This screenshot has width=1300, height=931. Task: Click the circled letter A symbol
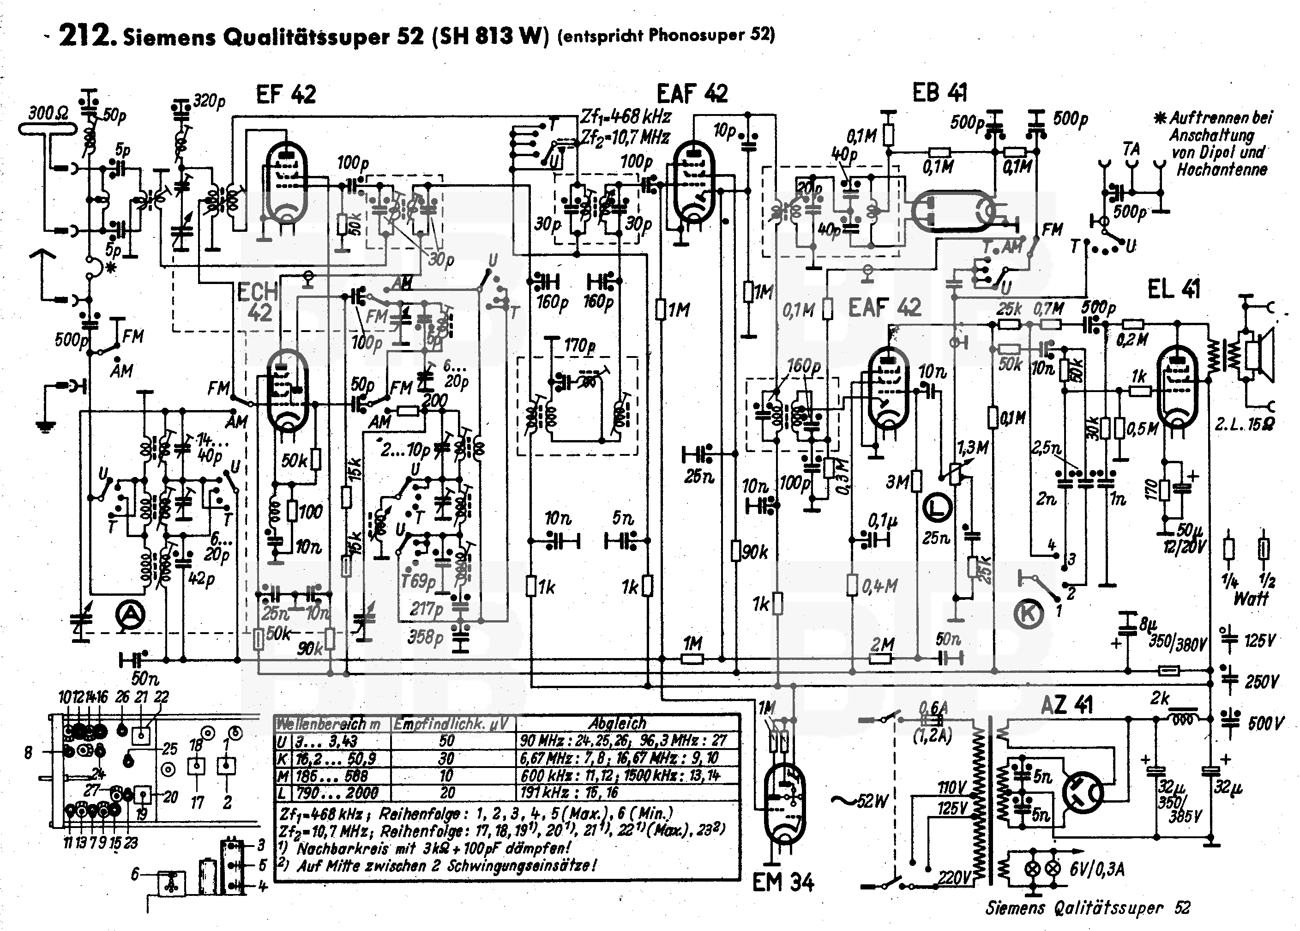(x=130, y=616)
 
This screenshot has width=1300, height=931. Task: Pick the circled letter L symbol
(x=937, y=508)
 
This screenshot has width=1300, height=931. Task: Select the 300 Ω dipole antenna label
(x=48, y=113)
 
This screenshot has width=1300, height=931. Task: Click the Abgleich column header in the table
(x=618, y=724)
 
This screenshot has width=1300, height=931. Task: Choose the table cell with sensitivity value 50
(x=446, y=741)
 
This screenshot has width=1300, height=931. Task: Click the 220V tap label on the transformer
(x=954, y=877)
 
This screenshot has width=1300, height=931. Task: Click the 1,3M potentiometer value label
(x=972, y=447)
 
